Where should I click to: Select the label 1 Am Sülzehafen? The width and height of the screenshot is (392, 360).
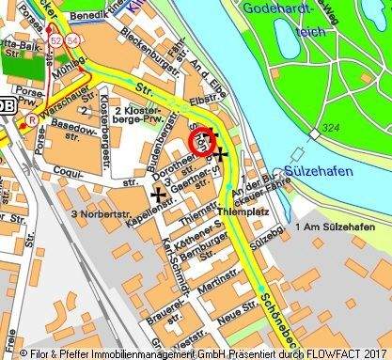pyautogui.click(x=331, y=227)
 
